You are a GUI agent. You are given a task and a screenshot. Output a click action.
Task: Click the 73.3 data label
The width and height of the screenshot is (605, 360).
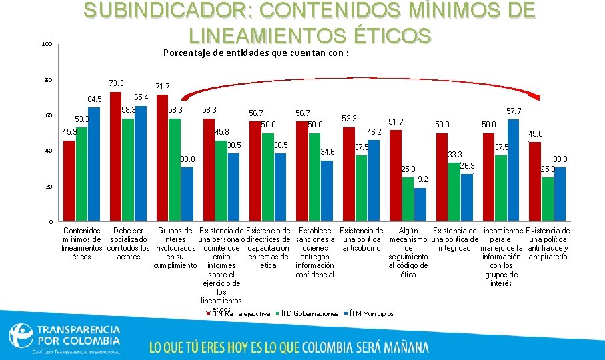(x=116, y=83)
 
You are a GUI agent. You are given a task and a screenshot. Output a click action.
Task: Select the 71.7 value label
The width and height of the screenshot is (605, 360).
(x=163, y=87)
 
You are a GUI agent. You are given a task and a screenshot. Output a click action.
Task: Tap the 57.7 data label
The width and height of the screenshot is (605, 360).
(x=514, y=110)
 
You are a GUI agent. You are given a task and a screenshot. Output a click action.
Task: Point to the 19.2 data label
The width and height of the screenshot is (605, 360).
(x=420, y=180)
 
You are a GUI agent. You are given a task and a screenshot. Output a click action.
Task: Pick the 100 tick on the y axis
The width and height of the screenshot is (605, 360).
(x=47, y=45)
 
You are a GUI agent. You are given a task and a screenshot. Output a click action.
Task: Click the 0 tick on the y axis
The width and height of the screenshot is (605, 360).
(x=51, y=221)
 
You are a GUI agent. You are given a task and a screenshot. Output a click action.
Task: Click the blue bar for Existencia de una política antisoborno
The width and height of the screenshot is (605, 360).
(x=374, y=180)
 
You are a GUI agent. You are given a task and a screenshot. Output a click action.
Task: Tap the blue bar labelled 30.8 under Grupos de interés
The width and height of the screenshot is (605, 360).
(x=187, y=193)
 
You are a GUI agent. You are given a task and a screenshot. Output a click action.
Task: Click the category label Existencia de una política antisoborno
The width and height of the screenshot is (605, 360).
(x=362, y=239)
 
